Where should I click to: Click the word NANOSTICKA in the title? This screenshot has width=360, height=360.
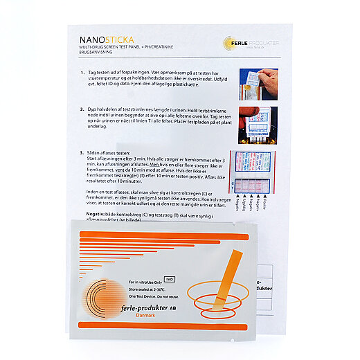pyautogui.click(x=102, y=40)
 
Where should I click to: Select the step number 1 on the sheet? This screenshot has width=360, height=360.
pyautogui.click(x=81, y=73)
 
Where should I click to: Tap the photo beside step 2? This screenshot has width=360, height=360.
pyautogui.click(x=258, y=125)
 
